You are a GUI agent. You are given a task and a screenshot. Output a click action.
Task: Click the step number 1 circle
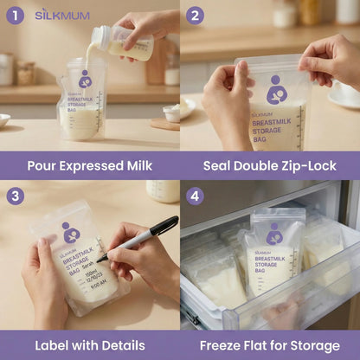(15, 16)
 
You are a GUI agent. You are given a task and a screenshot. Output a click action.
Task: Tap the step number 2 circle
(195, 16)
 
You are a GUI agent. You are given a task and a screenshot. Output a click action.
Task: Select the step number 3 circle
(15, 196)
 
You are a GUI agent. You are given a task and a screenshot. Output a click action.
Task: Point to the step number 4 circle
(195, 196)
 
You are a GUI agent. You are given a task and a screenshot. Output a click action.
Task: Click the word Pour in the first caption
(42, 164)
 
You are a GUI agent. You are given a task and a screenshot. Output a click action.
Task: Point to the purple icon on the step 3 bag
(69, 232)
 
